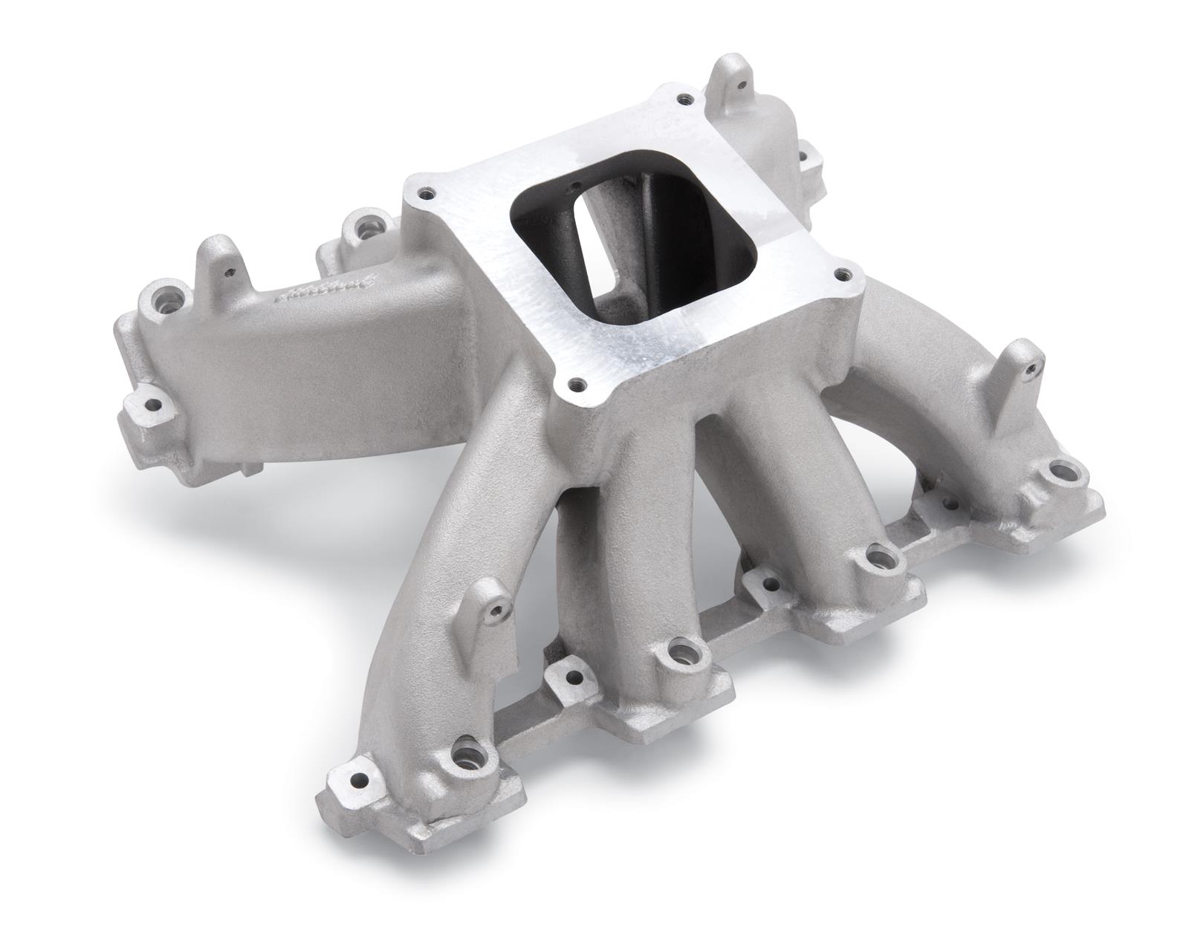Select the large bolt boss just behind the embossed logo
365,223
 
